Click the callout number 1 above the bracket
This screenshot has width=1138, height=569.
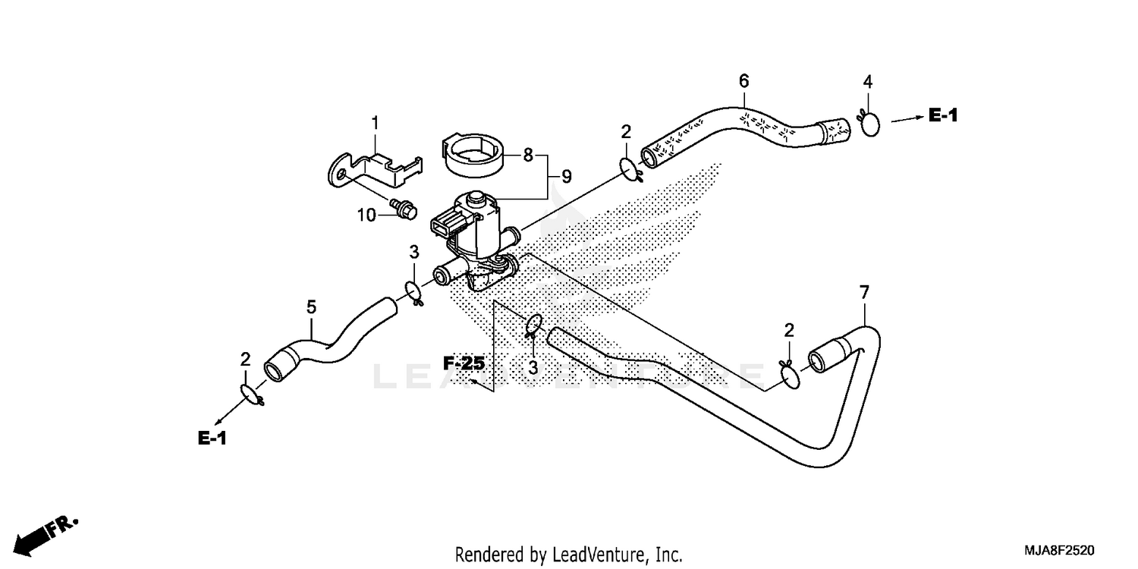[374, 122]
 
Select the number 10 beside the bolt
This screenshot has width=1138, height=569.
[367, 215]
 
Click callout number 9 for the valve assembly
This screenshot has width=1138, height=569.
[566, 177]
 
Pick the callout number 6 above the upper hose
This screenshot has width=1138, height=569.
[743, 80]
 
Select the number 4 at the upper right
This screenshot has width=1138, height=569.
[868, 81]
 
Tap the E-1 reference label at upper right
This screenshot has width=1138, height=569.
[943, 115]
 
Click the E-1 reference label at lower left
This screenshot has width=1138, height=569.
[213, 438]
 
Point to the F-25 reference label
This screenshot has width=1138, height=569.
[464, 364]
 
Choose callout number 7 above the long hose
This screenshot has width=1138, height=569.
[863, 292]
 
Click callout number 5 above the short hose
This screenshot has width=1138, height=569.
[311, 307]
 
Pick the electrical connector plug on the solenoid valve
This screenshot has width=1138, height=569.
[446, 224]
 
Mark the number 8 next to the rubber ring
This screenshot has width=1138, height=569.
[527, 156]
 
